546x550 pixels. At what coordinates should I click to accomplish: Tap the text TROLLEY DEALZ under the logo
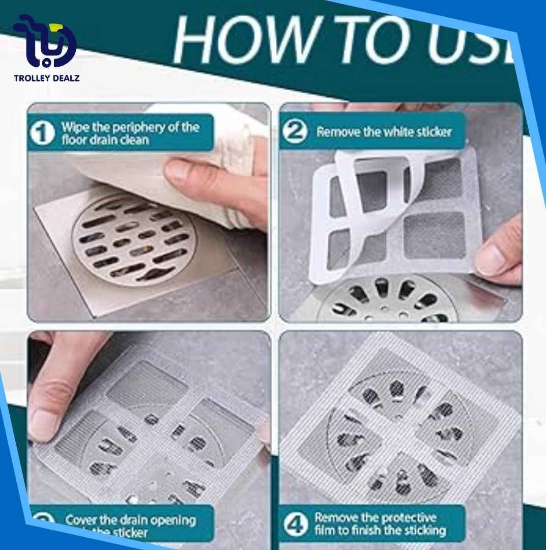pyautogui.click(x=46, y=78)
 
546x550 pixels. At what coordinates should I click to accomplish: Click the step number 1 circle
pyautogui.click(x=42, y=133)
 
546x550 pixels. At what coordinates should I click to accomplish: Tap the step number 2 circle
pyautogui.click(x=295, y=132)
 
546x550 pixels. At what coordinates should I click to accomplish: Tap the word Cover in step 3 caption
pyautogui.click(x=82, y=520)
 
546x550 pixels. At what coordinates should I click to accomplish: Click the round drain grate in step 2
pyautogui.click(x=387, y=300)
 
